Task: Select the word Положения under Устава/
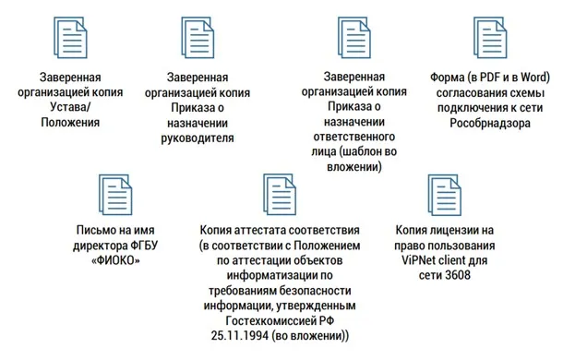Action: pos(71,122)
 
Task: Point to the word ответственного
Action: pos(353,137)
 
